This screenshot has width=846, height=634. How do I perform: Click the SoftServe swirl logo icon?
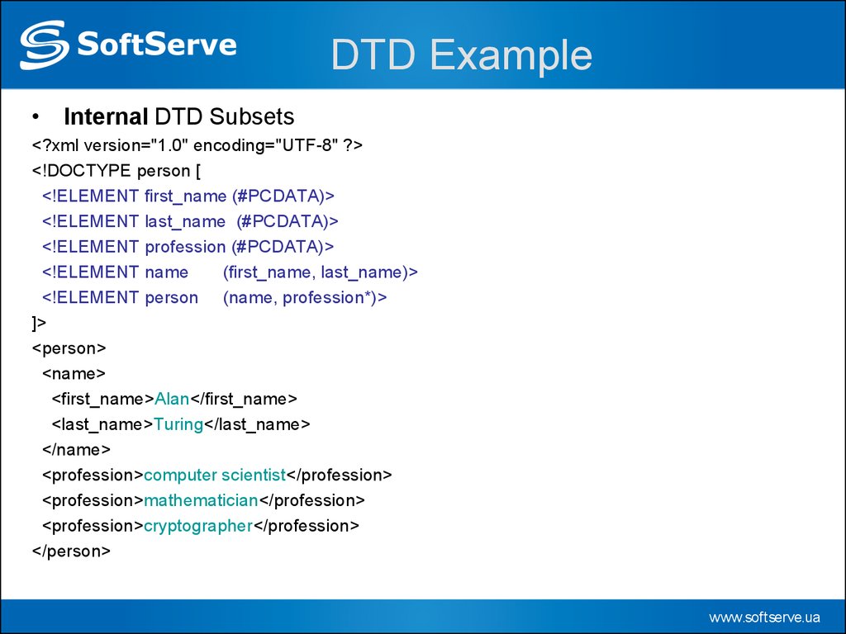pos(45,45)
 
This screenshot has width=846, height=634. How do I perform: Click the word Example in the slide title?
pos(511,55)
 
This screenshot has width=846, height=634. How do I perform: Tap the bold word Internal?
pos(106,116)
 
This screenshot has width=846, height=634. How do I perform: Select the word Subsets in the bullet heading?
pos(251,116)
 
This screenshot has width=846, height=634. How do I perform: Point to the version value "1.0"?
pos(169,145)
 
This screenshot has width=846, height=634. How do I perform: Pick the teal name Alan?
pos(172,399)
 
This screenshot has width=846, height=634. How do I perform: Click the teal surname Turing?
pos(178,425)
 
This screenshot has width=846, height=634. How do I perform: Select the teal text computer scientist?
pos(215,475)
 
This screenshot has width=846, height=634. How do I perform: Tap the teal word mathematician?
pos(201,500)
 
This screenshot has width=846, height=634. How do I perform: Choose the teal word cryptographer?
pos(198,526)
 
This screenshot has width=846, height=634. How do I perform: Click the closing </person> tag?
pos(71,551)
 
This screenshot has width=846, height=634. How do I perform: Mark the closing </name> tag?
pos(76,450)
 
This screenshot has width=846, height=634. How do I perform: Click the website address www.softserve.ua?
pos(764,617)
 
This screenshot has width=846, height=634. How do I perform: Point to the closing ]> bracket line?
pos(39,323)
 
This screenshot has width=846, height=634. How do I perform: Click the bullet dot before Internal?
pos(36,117)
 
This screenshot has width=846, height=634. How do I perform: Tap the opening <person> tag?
pos(69,348)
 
